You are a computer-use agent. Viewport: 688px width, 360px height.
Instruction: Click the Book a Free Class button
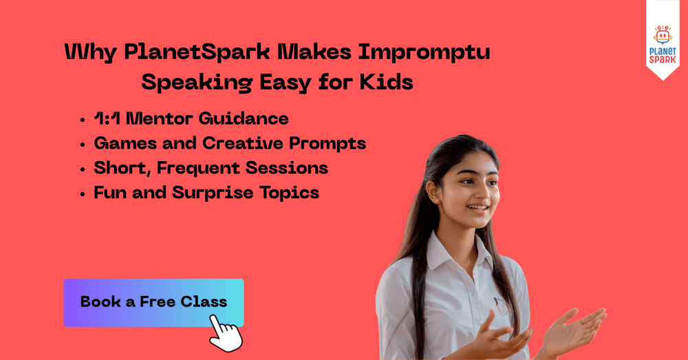(153, 302)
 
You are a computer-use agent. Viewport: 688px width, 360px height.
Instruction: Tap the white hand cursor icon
(226, 333)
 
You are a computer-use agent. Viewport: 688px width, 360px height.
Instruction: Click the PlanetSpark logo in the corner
(663, 45)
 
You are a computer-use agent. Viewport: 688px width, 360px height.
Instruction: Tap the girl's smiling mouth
(477, 208)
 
